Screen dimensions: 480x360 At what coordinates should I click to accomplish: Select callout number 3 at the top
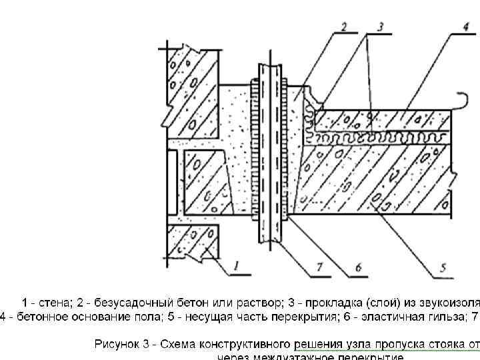380,27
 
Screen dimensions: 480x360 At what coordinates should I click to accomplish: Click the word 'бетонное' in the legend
29,316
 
